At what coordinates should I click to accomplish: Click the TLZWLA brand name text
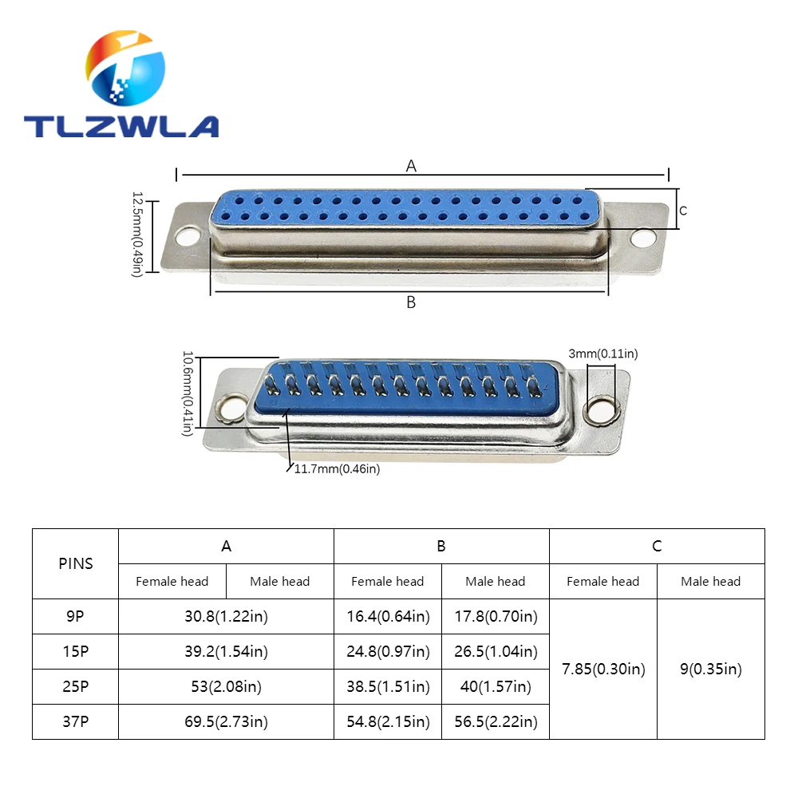click(120, 126)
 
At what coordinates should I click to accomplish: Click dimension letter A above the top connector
click(411, 166)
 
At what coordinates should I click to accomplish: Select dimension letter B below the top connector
click(411, 302)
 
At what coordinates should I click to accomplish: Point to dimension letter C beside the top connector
click(683, 211)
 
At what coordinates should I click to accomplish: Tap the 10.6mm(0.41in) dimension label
click(188, 393)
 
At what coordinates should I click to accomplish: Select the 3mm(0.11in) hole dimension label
click(603, 353)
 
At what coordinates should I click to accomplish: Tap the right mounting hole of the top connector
click(642, 237)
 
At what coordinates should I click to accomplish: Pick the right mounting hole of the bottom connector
click(600, 410)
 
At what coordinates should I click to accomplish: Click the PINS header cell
click(76, 563)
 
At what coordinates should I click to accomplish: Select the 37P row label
click(76, 722)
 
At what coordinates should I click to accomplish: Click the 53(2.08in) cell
click(226, 687)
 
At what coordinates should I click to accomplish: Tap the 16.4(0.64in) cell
click(388, 617)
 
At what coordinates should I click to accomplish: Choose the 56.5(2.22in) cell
click(496, 722)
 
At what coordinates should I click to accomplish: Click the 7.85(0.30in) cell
click(603, 670)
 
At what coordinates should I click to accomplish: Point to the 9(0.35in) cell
click(711, 670)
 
